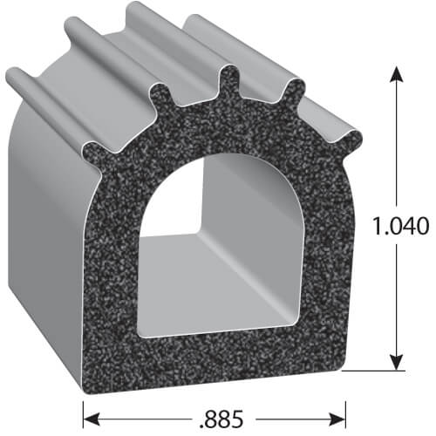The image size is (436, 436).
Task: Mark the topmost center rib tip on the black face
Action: (229, 75)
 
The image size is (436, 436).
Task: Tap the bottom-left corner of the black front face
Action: (89, 367)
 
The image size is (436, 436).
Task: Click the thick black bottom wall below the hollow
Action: (218, 353)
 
